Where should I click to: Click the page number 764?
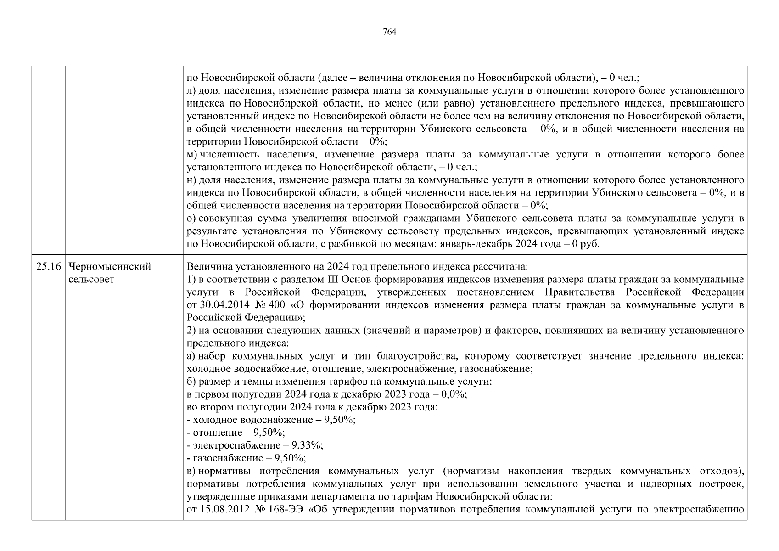coord(389,32)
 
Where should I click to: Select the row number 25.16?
coord(48,267)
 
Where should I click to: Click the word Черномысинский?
coord(109,267)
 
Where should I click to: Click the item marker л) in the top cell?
coord(192,91)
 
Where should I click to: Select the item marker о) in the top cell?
coord(192,219)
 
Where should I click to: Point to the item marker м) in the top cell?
coord(192,155)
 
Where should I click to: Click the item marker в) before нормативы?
coord(191,471)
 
